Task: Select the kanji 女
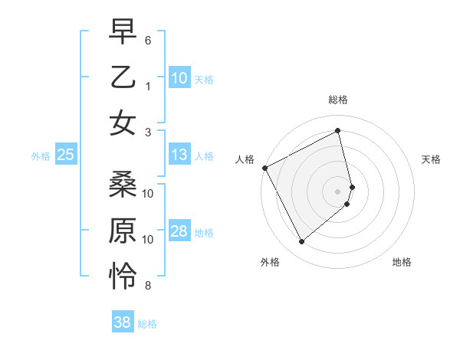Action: click(x=123, y=123)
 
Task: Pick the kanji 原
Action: click(x=123, y=231)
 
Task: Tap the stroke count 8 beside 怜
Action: click(x=147, y=286)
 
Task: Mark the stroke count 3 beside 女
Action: click(x=147, y=133)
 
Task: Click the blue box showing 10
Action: click(x=179, y=78)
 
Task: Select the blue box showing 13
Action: click(x=179, y=155)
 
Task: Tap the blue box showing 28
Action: click(x=179, y=232)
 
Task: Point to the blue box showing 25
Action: click(x=65, y=155)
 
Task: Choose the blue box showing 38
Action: click(x=122, y=322)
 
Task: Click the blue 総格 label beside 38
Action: click(x=147, y=324)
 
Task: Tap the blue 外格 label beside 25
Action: click(x=41, y=156)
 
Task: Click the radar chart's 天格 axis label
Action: click(x=432, y=159)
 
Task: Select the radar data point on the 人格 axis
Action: click(x=264, y=168)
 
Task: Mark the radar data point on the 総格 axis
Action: click(x=338, y=130)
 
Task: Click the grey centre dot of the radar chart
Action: click(x=338, y=191)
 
